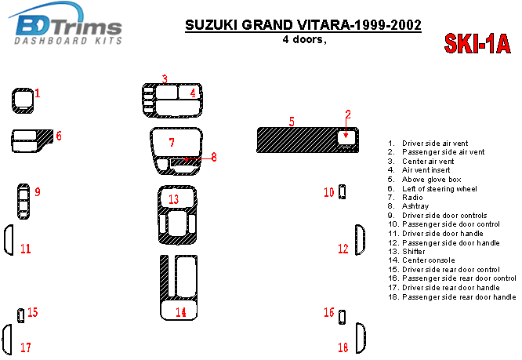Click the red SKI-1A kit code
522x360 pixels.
pos(477,44)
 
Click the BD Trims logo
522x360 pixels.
pos(67,24)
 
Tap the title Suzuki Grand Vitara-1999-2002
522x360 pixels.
pos(303,25)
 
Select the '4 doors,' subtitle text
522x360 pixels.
pos(304,40)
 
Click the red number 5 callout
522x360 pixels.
pos(292,122)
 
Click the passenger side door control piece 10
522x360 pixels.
pos(342,192)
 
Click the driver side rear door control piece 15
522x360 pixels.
pos(20,315)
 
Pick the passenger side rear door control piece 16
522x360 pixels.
pos(342,317)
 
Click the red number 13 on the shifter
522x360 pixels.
pos(173,199)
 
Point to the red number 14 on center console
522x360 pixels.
pos(181,312)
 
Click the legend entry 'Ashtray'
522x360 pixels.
pos(408,206)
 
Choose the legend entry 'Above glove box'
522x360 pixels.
pos(425,180)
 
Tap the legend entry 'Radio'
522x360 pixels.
pos(405,198)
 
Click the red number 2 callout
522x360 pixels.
pos(348,115)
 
